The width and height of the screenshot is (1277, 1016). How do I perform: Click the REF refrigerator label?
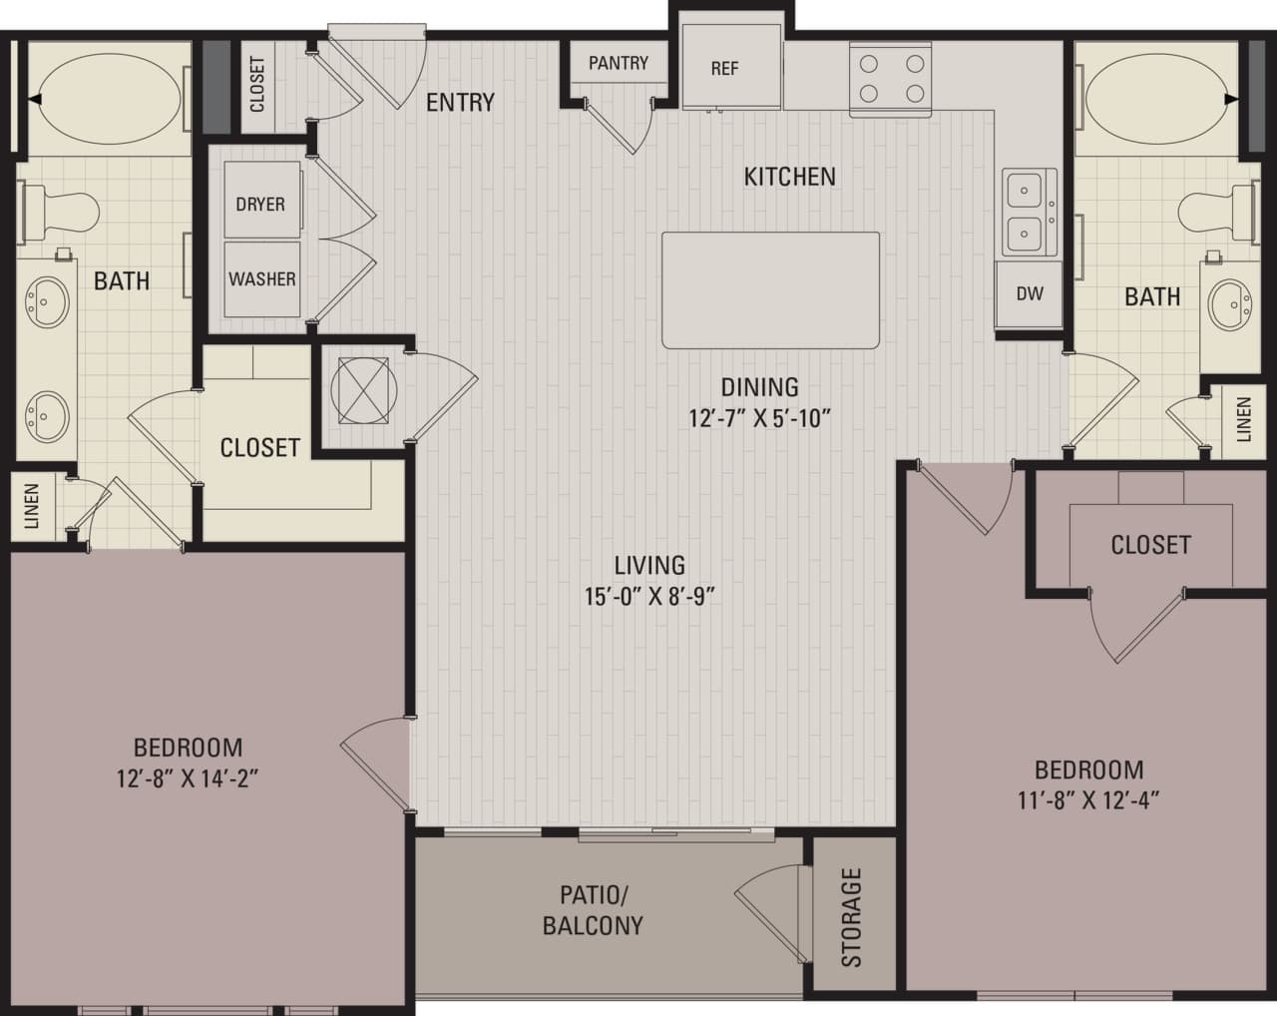pos(724,69)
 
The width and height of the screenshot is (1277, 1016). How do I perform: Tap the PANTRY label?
pos(618,63)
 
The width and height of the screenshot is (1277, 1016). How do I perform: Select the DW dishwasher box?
pos(1029,293)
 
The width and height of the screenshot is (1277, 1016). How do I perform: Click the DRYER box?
pos(260,204)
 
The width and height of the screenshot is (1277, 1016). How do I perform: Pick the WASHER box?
pos(261,278)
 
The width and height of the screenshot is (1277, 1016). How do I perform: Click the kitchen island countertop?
pos(770,290)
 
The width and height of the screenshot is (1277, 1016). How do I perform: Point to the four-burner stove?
pos(890,79)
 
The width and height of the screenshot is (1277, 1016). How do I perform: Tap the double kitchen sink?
pos(1029,213)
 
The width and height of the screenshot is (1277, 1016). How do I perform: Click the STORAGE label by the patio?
pos(851,917)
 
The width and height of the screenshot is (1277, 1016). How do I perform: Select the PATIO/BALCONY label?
pos(593,909)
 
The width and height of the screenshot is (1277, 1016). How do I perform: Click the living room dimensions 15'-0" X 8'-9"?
pos(649,597)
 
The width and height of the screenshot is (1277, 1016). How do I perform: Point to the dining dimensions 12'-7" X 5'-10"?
pos(759,418)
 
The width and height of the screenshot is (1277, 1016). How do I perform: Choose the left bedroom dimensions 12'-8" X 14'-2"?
pos(188,777)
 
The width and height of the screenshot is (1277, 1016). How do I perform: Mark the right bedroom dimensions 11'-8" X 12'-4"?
pos(1088,799)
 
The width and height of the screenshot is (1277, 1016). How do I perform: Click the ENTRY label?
pos(460,102)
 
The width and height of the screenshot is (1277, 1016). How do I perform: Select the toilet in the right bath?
pos(1213,211)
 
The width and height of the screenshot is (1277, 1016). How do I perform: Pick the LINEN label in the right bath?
pos(1242,419)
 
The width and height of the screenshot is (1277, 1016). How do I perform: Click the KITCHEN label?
pos(789,177)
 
